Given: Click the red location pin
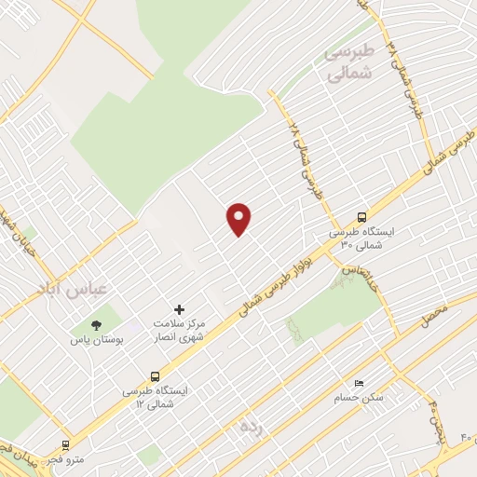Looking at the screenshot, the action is point(239,218).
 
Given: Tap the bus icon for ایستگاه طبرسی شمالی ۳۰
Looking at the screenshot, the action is point(361,216).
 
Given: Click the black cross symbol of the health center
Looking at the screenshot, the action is point(180,308).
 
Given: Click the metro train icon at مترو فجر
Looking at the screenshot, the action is point(65,445).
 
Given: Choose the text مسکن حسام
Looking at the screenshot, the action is point(359,398).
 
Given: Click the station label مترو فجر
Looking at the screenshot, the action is point(69,459).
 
